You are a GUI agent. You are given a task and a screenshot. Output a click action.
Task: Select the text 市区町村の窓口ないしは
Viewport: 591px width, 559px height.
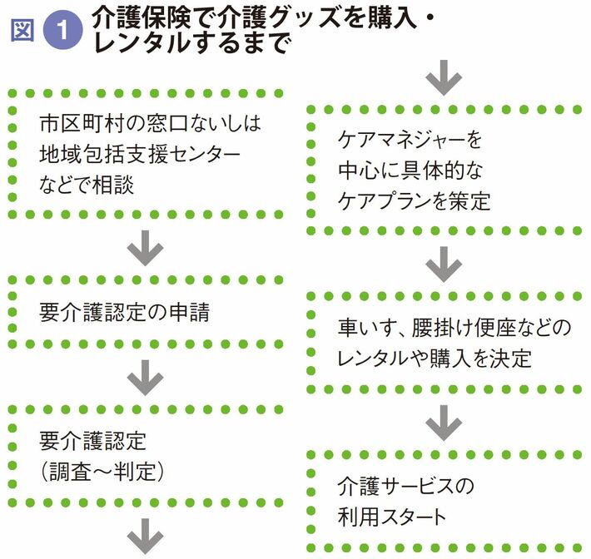pos(150,125)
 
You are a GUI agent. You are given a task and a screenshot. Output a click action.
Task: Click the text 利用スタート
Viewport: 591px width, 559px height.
pos(392,516)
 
